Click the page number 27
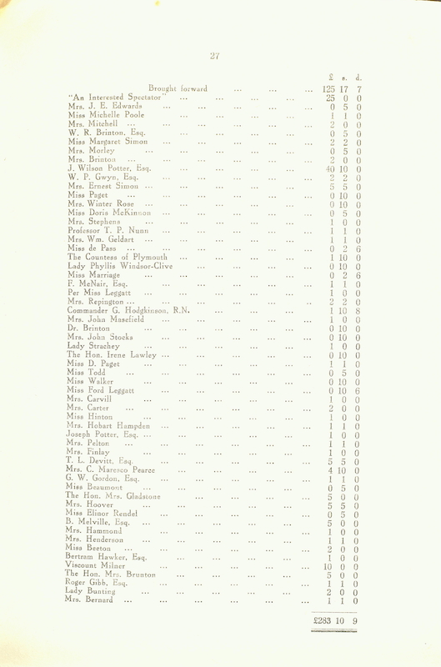(215, 56)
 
